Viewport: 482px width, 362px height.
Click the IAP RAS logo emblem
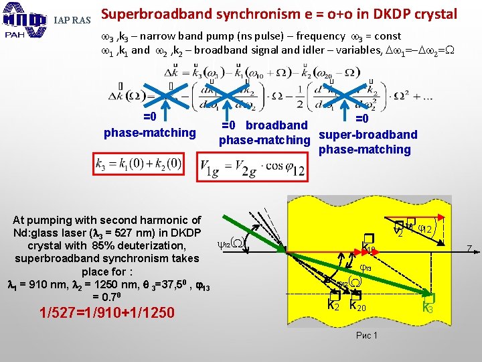coord(23,21)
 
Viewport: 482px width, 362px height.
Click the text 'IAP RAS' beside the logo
coord(72,21)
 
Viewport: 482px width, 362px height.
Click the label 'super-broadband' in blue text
coord(368,134)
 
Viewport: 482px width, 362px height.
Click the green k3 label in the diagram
coord(428,307)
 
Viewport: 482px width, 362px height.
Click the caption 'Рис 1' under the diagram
coord(368,335)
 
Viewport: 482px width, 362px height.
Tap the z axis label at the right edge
coord(471,249)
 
